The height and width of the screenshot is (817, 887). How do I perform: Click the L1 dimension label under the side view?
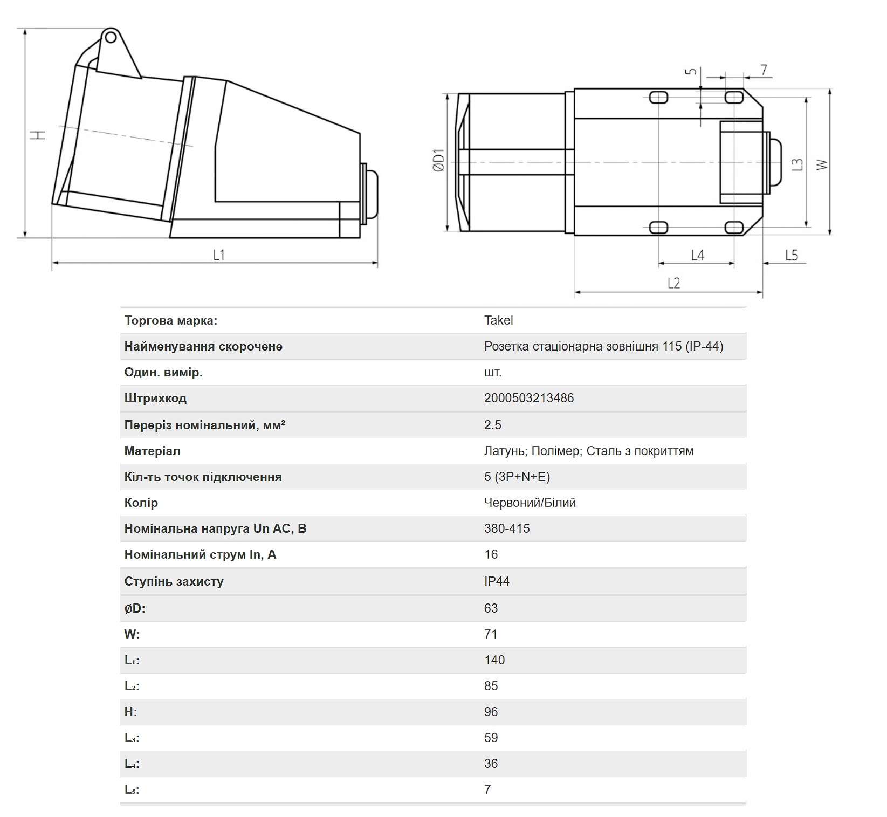(218, 255)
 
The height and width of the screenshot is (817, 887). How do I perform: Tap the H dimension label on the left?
(38, 134)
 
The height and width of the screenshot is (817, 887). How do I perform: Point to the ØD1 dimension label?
(438, 160)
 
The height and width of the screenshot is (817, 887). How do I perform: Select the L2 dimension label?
(673, 283)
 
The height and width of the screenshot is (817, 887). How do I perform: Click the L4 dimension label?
(698, 255)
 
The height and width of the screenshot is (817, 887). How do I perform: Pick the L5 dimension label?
(791, 255)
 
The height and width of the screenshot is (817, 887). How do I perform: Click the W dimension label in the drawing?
(822, 164)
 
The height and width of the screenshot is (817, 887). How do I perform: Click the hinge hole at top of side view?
(110, 37)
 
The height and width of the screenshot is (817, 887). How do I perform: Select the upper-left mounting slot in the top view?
(658, 97)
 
